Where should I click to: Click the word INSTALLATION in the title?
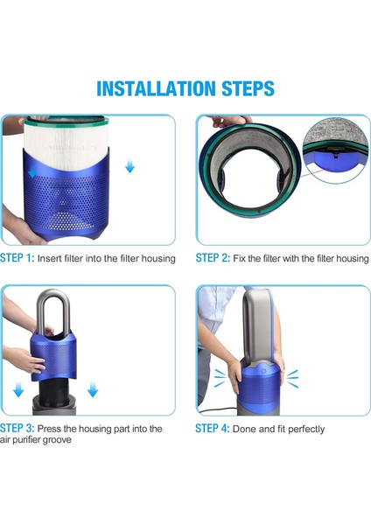pyautogui.click(x=154, y=88)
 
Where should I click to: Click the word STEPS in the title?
pyautogui.click(x=245, y=88)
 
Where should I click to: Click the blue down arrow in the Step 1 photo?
pyautogui.click(x=129, y=166)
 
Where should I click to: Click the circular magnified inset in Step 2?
pyautogui.click(x=336, y=150)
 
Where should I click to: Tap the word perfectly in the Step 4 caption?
pyautogui.click(x=303, y=429)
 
